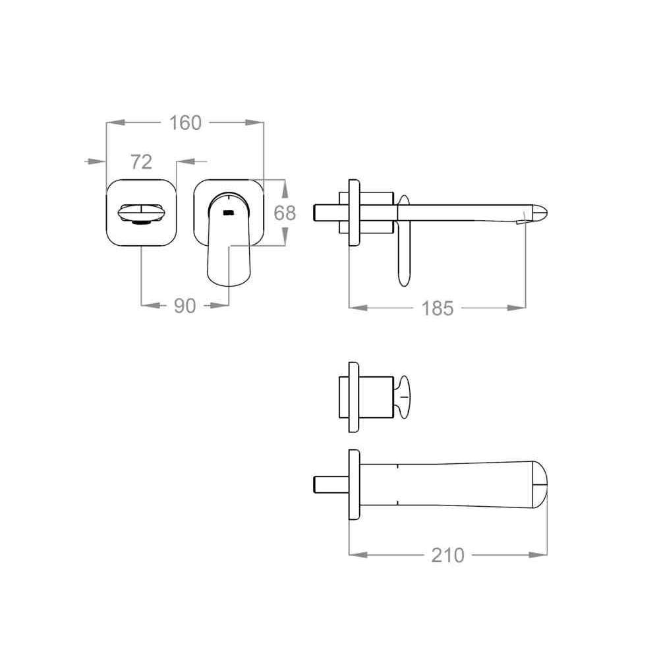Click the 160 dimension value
pos(185,123)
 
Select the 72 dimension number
pos(141,162)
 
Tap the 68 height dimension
pos(285,213)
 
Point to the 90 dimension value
pos(185,306)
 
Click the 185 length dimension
pos(438,308)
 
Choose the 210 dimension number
pos(448,555)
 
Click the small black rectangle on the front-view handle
pos(228,213)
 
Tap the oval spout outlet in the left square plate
pos(140,213)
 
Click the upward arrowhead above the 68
pos(285,188)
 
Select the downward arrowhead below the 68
pos(285,237)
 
